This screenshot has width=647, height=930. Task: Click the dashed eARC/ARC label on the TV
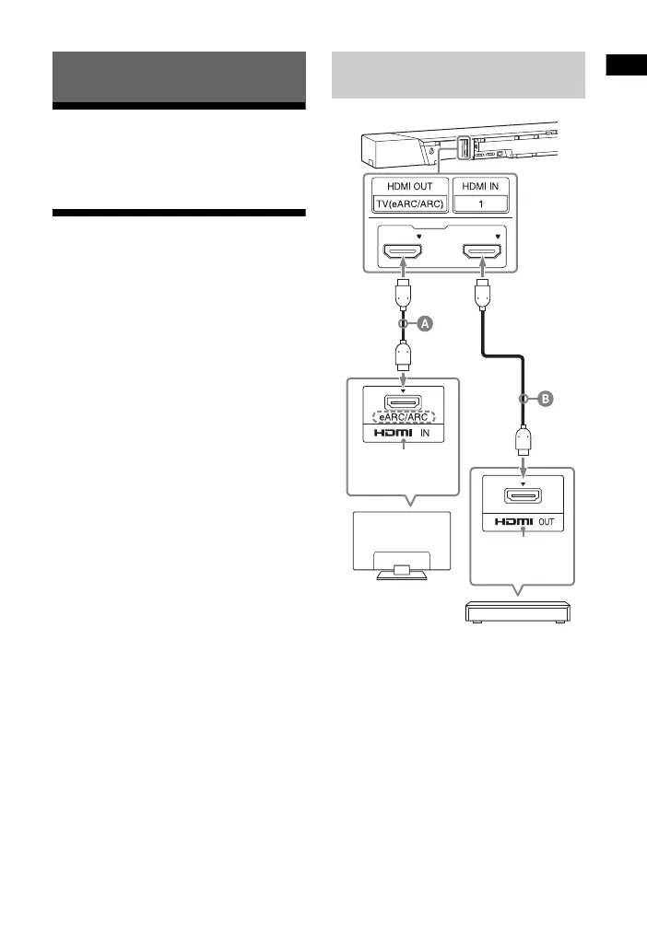tap(404, 415)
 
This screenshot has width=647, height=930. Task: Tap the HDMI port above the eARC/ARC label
tap(404, 401)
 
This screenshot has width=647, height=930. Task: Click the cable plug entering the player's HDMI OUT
tap(523, 442)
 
